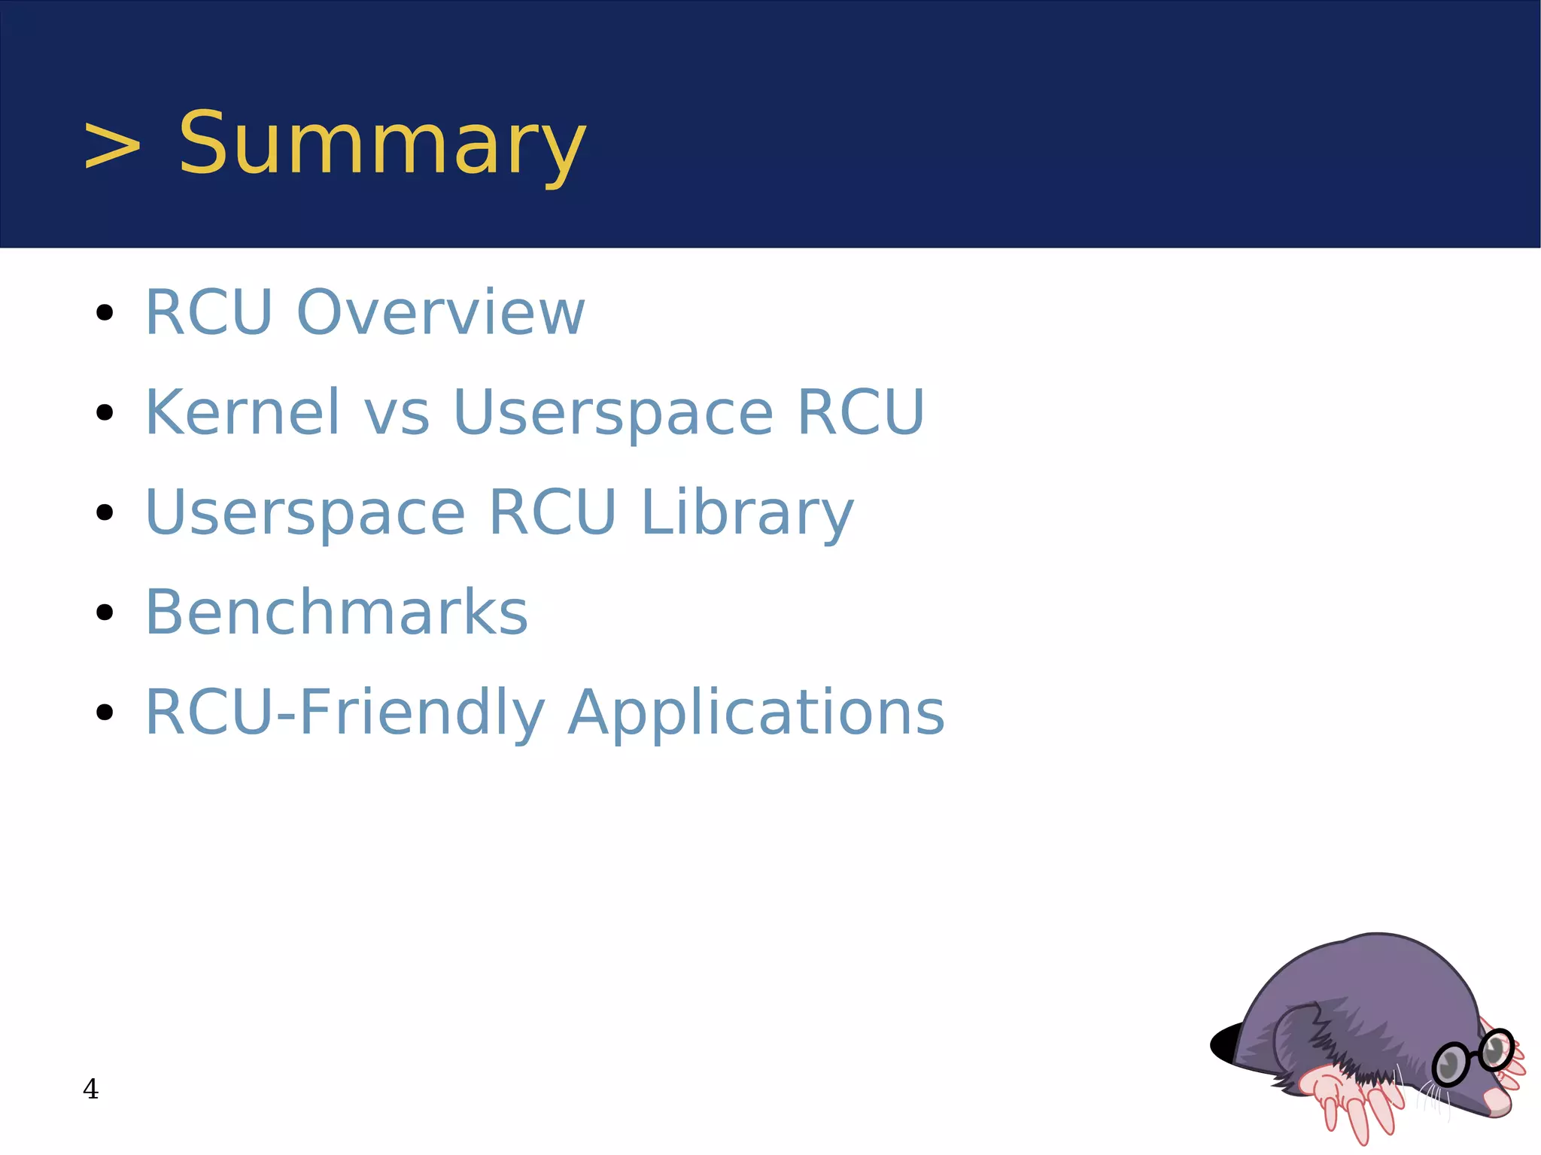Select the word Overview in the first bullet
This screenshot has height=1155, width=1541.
pyautogui.click(x=441, y=312)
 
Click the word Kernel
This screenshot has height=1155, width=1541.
pyautogui.click(x=242, y=412)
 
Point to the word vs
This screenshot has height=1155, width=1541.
pyautogui.click(x=397, y=414)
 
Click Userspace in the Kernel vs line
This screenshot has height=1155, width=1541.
pyautogui.click(x=612, y=414)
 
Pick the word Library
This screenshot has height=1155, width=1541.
pyautogui.click(x=747, y=513)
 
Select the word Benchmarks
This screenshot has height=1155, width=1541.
pyautogui.click(x=336, y=612)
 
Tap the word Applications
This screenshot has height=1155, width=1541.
pyautogui.click(x=755, y=713)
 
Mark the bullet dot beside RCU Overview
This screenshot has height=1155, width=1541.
pyautogui.click(x=105, y=312)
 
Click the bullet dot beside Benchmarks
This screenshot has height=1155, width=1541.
pyautogui.click(x=105, y=612)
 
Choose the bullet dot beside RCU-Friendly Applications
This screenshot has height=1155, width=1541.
pyautogui.click(x=105, y=713)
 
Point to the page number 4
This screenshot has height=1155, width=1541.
pyautogui.click(x=90, y=1089)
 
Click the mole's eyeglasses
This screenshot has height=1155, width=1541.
pyautogui.click(x=1473, y=1056)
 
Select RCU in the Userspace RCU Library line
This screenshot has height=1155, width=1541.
pyautogui.click(x=552, y=513)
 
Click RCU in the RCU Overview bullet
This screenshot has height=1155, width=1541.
pyautogui.click(x=208, y=312)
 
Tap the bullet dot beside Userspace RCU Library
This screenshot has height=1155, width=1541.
pyautogui.click(x=105, y=513)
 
